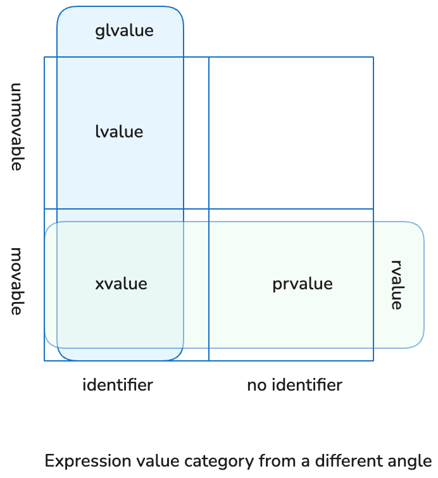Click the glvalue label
124,30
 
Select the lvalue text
119,132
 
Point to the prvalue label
302,284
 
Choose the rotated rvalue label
397,284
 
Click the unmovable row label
17,127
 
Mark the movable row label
17,281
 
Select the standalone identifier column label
118,384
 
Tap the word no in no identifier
256,384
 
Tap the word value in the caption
146,460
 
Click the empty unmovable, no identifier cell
291,133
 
